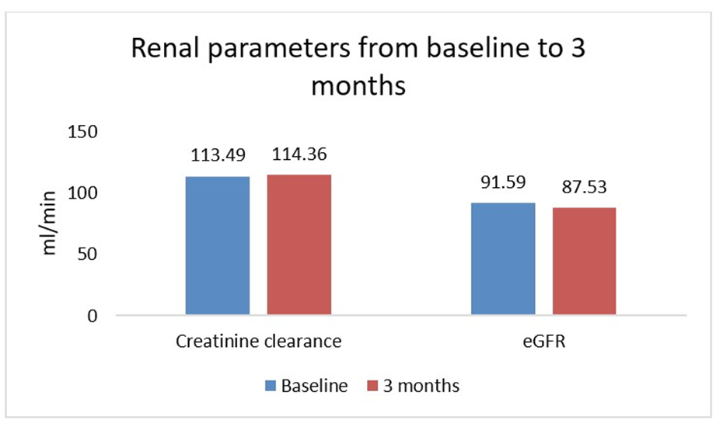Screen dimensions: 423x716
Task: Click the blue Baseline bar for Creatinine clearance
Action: (218, 246)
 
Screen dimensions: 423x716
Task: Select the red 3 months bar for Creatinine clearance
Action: (299, 244)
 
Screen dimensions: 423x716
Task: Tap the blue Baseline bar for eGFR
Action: (503, 259)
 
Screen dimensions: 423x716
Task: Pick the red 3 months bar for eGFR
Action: (585, 262)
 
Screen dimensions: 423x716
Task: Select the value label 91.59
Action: (504, 183)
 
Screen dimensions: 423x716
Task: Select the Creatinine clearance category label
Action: (259, 342)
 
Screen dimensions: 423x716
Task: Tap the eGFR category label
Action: (544, 342)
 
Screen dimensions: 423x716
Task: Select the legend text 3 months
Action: (421, 386)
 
